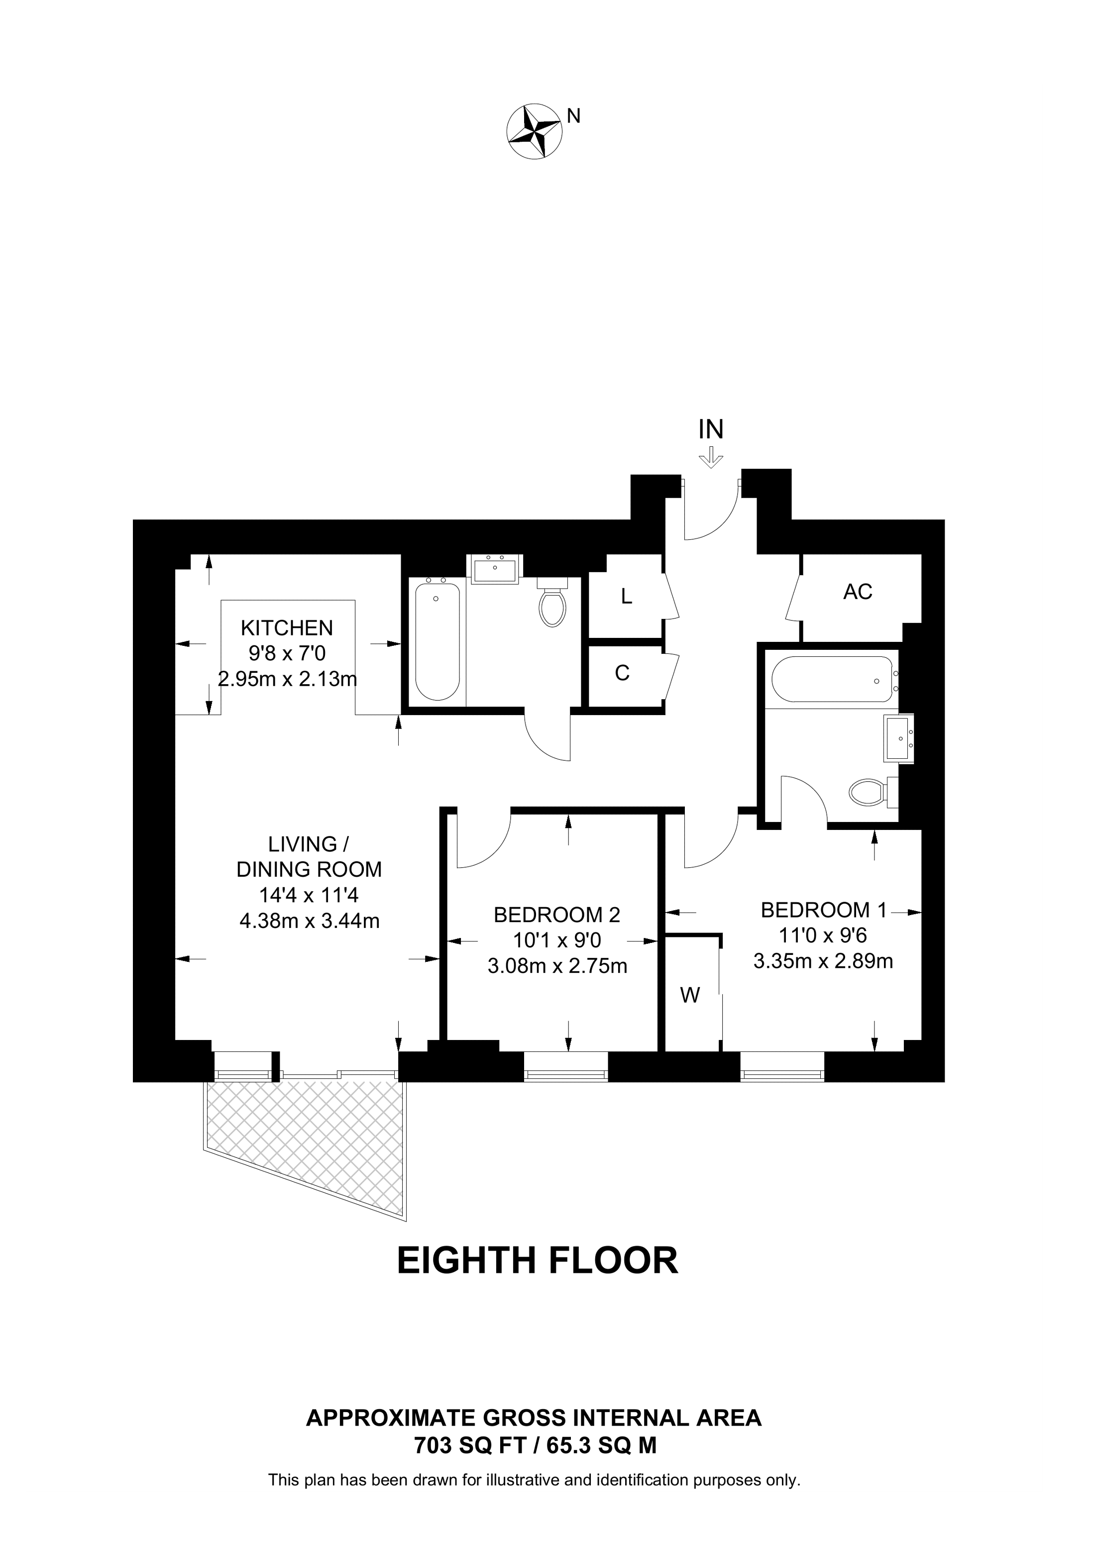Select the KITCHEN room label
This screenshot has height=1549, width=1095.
[287, 628]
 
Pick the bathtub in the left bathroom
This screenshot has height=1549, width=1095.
[438, 641]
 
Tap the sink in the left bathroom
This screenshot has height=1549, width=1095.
[495, 569]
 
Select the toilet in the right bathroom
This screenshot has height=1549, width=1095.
[874, 791]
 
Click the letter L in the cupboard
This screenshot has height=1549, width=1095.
[627, 597]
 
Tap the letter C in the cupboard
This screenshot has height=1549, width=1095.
[622, 673]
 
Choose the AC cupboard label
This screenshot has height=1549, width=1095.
[858, 592]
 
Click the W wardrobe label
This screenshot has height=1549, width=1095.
[689, 995]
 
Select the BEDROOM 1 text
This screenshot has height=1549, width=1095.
[823, 910]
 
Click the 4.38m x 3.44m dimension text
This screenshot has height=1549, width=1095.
[310, 921]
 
